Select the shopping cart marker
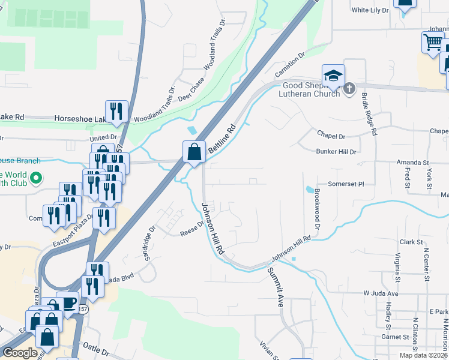coord(433,43)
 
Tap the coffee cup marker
coord(68,302)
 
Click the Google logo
coord(20,353)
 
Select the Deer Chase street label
coord(191,88)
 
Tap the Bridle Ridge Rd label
coord(368,114)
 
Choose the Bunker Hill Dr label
coord(336,152)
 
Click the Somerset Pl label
coord(346,184)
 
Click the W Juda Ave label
coord(381,293)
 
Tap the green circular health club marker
coord(35,178)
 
